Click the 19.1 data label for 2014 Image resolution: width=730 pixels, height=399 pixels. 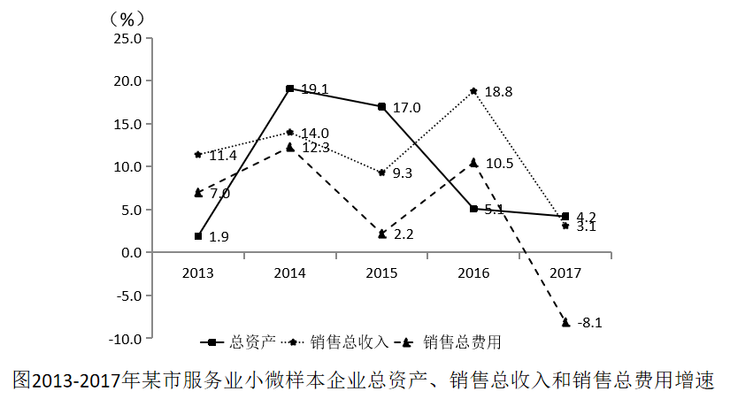[x=314, y=89]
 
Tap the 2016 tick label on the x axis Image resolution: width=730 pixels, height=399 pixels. [x=473, y=272]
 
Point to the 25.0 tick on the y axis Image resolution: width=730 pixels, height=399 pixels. [x=127, y=38]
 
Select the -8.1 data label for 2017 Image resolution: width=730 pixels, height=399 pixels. [x=589, y=323]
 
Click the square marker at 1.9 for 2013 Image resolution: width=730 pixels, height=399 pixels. [x=198, y=236]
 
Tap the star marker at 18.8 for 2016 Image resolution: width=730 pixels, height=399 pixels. [x=473, y=91]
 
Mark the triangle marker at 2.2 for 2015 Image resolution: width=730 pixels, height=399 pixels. [x=381, y=234]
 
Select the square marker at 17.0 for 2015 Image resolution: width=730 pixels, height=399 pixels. [x=381, y=106]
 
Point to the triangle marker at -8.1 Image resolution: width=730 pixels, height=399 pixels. [x=565, y=322]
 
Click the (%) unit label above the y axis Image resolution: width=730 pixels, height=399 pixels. [x=127, y=17]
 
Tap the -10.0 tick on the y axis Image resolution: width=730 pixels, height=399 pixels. [x=124, y=338]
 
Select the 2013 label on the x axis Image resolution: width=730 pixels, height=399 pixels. [x=198, y=272]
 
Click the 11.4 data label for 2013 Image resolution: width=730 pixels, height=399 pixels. [x=222, y=157]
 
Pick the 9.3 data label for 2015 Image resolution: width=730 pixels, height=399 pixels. [x=403, y=174]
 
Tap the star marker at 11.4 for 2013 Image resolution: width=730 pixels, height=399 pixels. [x=198, y=155]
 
